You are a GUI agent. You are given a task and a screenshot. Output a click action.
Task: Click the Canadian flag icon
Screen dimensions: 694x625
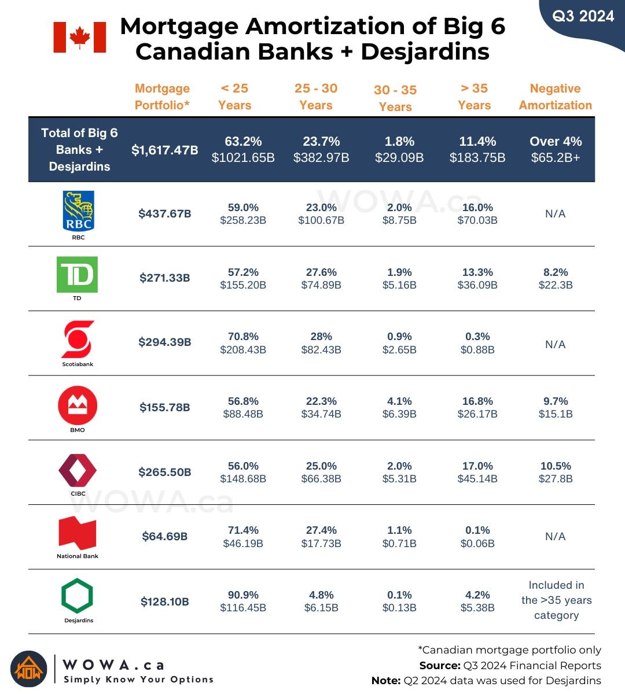click(x=80, y=38)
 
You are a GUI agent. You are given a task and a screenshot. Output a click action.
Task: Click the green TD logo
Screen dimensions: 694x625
click(x=77, y=275)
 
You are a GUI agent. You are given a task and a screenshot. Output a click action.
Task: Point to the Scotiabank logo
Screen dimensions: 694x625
click(x=78, y=339)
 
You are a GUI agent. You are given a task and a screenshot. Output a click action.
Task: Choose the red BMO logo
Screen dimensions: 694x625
click(x=78, y=405)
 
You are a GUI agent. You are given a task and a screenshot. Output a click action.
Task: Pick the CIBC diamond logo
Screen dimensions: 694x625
click(x=78, y=470)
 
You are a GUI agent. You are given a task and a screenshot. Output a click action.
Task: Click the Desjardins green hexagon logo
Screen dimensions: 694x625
click(x=78, y=596)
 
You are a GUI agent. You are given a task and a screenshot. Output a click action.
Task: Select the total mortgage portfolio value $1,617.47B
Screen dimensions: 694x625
click(x=165, y=150)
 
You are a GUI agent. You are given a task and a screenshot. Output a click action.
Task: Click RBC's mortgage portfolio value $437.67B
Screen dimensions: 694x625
click(x=165, y=213)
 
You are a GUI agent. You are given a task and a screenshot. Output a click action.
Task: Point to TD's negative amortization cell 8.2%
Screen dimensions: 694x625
click(x=556, y=278)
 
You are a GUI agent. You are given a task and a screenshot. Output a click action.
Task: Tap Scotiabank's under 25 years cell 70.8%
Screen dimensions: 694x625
click(x=243, y=343)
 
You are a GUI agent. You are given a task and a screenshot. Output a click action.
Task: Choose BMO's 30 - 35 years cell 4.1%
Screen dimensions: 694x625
click(x=399, y=407)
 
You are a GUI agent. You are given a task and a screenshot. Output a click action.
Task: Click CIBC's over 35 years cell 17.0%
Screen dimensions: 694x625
click(x=477, y=472)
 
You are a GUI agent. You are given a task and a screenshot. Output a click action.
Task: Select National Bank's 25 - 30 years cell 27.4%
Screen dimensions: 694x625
click(x=321, y=537)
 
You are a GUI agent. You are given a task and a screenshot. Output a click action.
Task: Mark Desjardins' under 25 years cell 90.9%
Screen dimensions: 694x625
click(x=243, y=601)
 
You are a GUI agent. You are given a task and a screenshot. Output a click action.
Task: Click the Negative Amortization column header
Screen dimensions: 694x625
click(x=556, y=97)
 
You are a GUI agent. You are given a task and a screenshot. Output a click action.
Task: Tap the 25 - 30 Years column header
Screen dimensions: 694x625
click(x=316, y=97)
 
